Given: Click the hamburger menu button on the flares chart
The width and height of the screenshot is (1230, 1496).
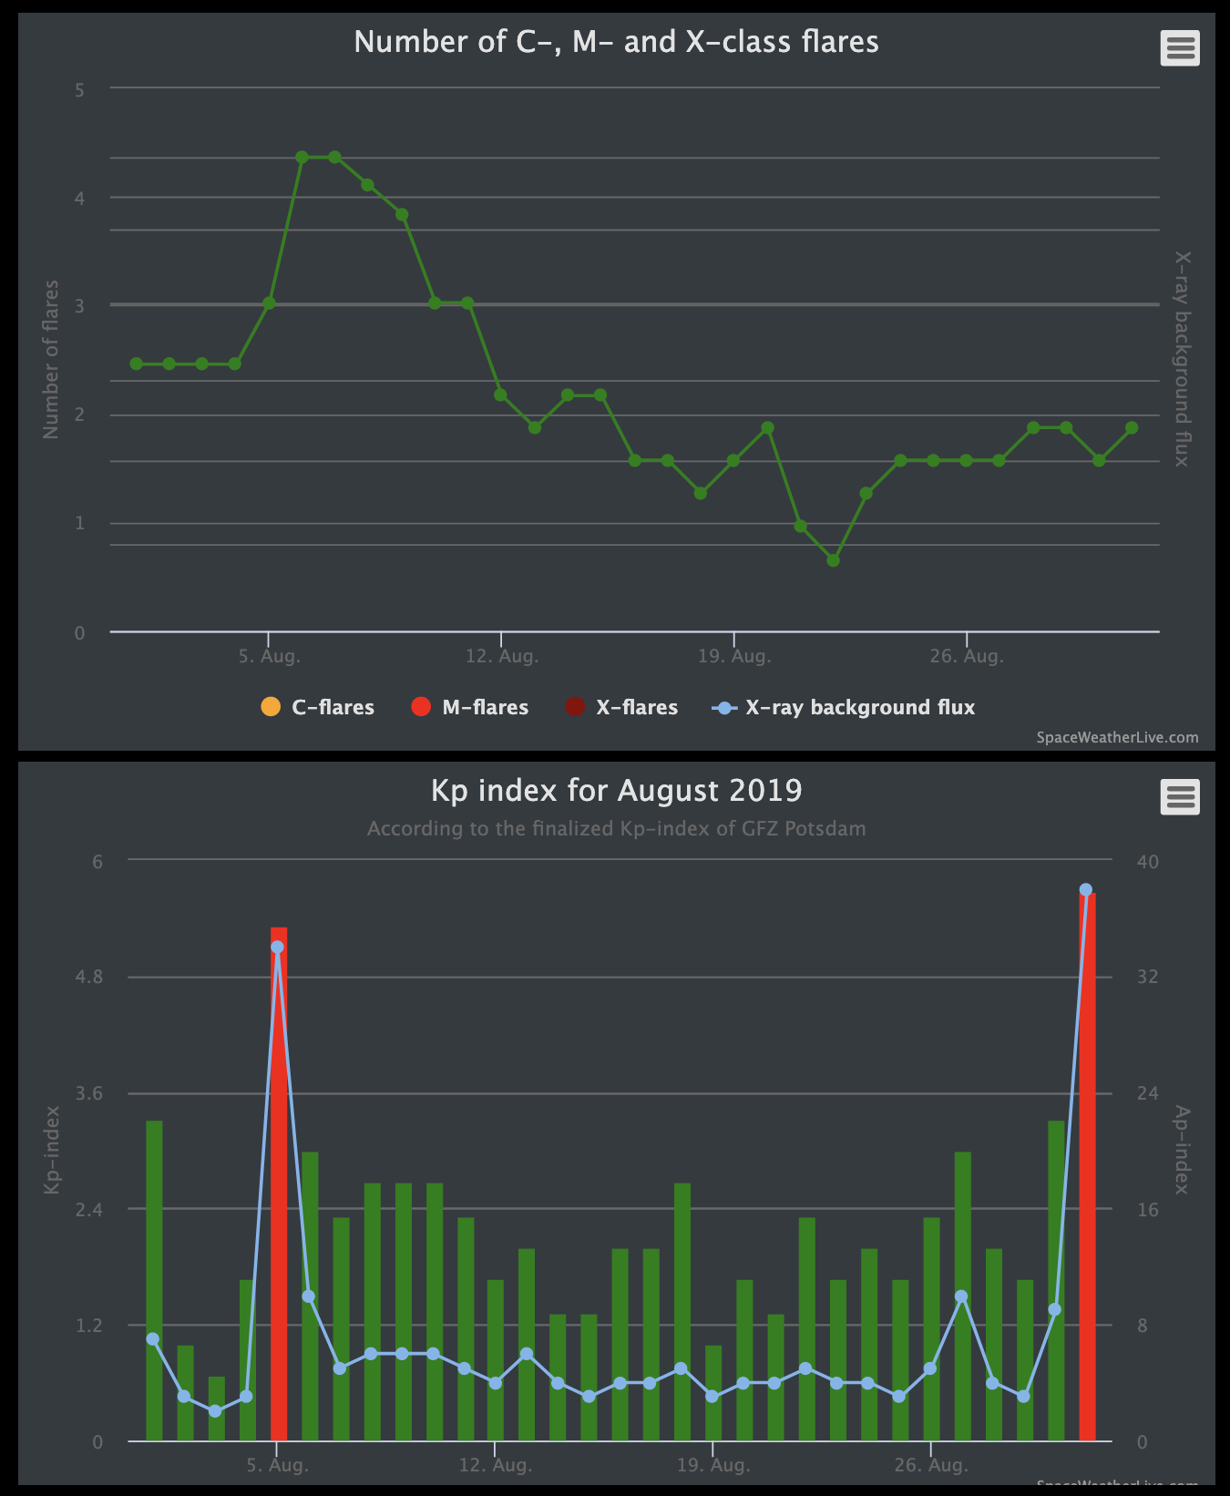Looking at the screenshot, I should click(x=1180, y=47).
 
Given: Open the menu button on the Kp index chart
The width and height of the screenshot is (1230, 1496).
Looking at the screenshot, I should click(x=1180, y=797).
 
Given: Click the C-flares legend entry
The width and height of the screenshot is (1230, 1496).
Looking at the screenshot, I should click(x=317, y=707).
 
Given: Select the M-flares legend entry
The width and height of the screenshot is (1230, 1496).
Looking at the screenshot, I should click(x=470, y=707).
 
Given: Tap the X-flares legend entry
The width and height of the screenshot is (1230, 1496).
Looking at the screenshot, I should click(x=621, y=707).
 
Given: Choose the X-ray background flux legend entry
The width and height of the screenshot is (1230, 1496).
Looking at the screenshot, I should click(x=844, y=707).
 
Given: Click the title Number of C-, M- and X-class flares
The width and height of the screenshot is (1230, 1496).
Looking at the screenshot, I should click(x=616, y=42).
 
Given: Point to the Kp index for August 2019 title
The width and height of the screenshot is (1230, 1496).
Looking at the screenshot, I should click(x=616, y=790).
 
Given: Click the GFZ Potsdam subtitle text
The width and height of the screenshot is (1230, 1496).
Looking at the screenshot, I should click(x=616, y=829).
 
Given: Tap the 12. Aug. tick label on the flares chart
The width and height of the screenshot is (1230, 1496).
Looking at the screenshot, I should click(x=501, y=656).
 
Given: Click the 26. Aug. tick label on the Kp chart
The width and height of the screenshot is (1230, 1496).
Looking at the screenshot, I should click(x=930, y=1465).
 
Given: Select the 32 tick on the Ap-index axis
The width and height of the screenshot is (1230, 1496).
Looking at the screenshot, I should click(x=1147, y=977).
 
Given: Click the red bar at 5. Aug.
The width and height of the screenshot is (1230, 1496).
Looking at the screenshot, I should click(x=278, y=1184).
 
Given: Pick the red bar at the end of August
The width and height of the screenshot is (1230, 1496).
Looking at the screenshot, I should click(x=1086, y=1184).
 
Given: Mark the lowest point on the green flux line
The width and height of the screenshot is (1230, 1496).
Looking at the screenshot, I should click(x=833, y=560).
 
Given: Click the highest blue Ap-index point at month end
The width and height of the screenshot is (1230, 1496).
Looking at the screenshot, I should click(x=1085, y=890).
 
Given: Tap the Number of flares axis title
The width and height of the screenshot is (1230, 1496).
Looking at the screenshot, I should click(x=51, y=359).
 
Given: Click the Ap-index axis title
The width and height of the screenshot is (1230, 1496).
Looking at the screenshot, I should click(x=1182, y=1150).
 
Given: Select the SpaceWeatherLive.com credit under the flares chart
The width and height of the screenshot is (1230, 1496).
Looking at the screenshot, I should click(x=1117, y=737).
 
